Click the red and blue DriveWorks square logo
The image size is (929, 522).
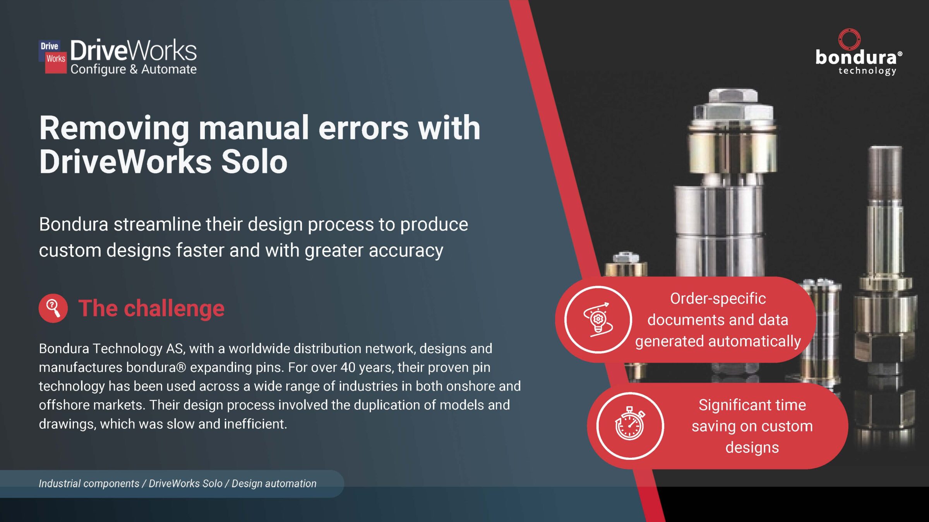pos(53,56)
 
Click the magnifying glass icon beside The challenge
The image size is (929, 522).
pos(53,308)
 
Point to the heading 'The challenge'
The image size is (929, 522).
pos(151,308)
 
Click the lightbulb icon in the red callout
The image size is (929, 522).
pos(598,320)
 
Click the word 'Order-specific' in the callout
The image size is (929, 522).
pos(718,299)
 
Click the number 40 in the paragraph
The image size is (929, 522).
pos(348,367)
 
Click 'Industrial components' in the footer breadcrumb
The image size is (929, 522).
pos(89,483)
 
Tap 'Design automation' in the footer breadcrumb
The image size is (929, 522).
pos(274,483)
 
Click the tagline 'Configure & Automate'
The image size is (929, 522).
pos(134,69)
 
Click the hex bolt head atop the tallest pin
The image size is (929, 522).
pos(733,104)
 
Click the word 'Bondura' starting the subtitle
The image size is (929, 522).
pos(74,224)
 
